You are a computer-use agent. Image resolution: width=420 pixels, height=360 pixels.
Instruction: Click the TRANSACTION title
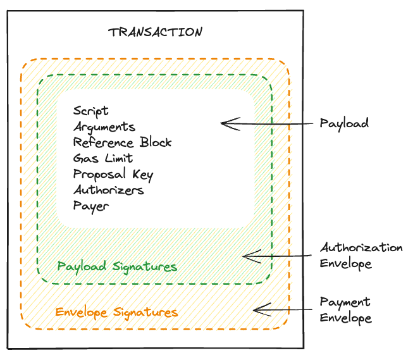click(x=155, y=32)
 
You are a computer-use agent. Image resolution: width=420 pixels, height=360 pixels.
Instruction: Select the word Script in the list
click(x=90, y=111)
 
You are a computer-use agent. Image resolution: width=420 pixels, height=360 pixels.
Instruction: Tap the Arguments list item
click(x=104, y=127)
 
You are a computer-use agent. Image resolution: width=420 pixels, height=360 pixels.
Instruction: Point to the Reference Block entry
click(x=122, y=142)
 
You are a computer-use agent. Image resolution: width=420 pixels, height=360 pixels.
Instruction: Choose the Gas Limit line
click(x=103, y=158)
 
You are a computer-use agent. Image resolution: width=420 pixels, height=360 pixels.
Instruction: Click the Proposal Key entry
click(x=113, y=174)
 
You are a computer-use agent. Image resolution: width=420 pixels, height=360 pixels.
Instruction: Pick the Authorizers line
click(x=108, y=190)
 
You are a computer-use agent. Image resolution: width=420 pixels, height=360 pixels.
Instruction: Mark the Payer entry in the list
click(x=91, y=206)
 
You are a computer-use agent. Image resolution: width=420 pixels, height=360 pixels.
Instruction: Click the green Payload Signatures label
click(x=117, y=266)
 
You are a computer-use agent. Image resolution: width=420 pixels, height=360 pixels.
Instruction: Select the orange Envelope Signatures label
click(x=116, y=312)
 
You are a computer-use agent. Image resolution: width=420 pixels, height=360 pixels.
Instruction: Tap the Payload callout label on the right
click(x=344, y=123)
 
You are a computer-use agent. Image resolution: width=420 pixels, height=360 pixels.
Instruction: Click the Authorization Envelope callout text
click(x=361, y=255)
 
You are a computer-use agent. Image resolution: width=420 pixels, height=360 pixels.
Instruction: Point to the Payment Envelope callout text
click(x=345, y=309)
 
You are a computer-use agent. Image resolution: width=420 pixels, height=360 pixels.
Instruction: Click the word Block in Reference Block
click(x=156, y=142)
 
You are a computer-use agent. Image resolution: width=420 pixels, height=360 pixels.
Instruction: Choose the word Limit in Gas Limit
click(x=118, y=158)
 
